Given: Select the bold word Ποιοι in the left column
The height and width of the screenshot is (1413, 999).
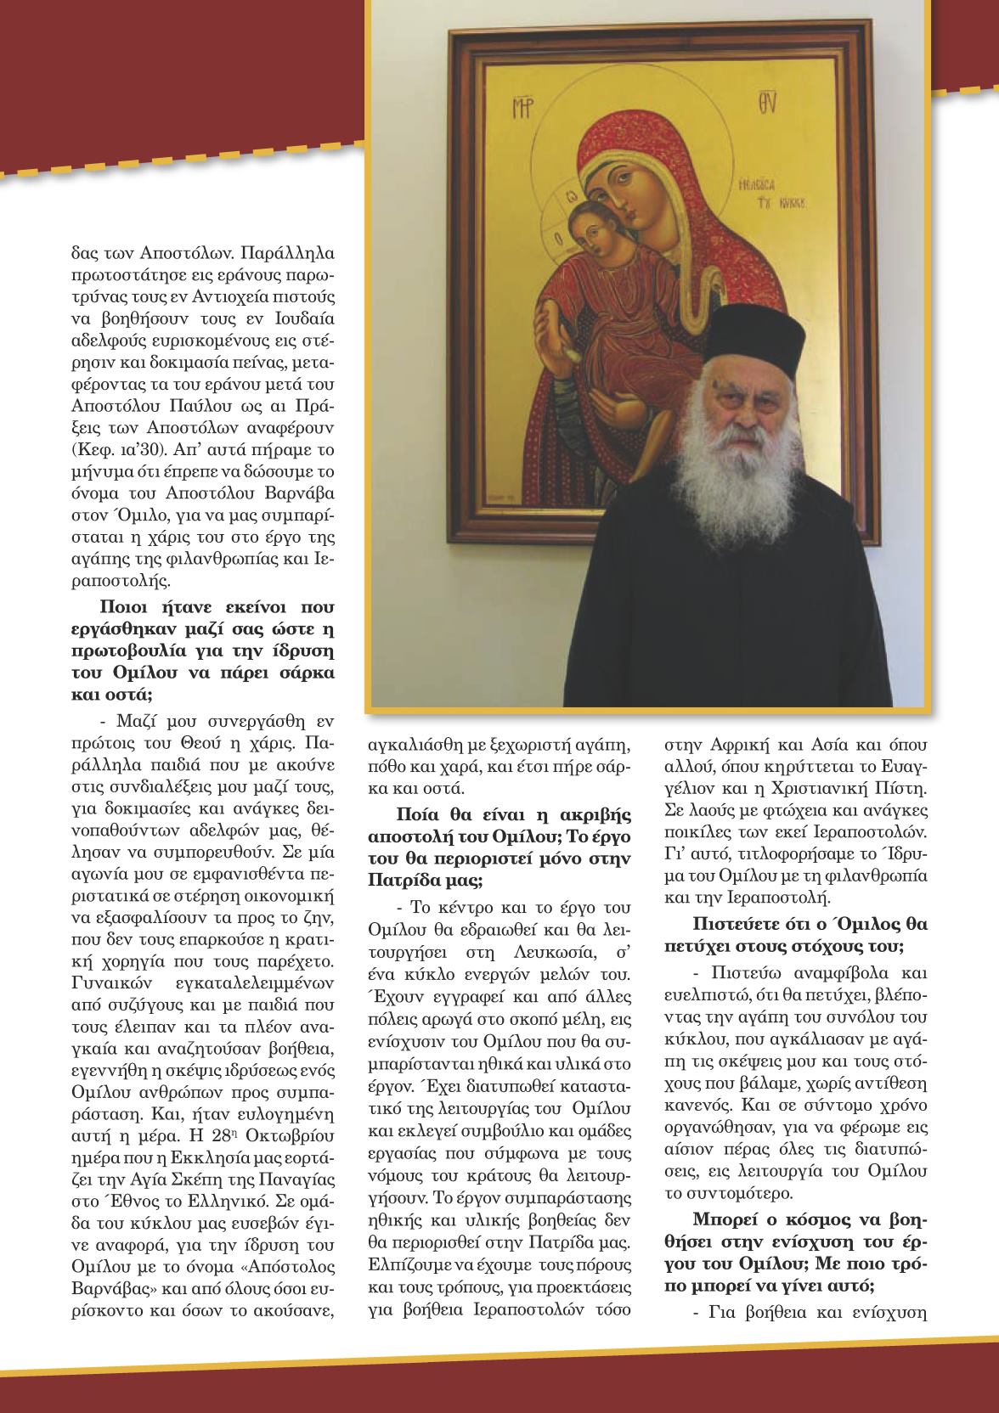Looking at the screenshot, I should pos(131,607).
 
